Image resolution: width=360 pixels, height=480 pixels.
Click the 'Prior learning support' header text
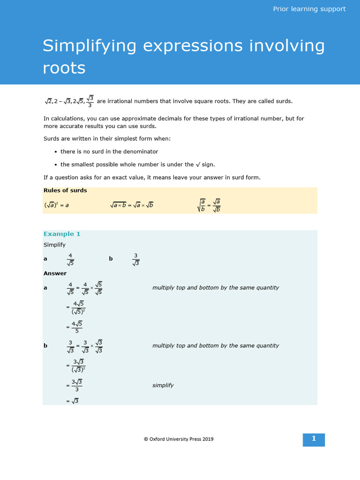(309, 9)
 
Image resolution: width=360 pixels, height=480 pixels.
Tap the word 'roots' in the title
(64, 68)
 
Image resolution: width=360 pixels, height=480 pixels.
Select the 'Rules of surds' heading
(65, 190)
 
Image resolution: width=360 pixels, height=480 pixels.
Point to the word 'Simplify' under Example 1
(54, 245)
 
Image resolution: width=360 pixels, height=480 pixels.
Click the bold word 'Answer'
(55, 273)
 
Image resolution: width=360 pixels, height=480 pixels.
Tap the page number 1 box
(314, 439)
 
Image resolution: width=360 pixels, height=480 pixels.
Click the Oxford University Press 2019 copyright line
(179, 439)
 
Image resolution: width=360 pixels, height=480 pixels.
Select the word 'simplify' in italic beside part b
(163, 385)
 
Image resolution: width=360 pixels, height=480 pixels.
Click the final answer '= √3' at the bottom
(73, 401)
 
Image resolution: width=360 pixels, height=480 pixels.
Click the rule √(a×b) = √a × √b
(132, 205)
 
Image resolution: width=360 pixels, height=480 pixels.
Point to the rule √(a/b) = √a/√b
(209, 205)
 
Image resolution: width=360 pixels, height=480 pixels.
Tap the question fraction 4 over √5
(70, 259)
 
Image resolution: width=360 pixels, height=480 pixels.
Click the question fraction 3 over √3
(136, 259)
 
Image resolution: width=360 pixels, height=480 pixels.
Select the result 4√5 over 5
(76, 327)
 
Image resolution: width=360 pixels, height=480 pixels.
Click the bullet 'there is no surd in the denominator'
(109, 152)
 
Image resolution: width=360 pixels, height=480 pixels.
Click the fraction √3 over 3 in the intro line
(90, 101)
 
